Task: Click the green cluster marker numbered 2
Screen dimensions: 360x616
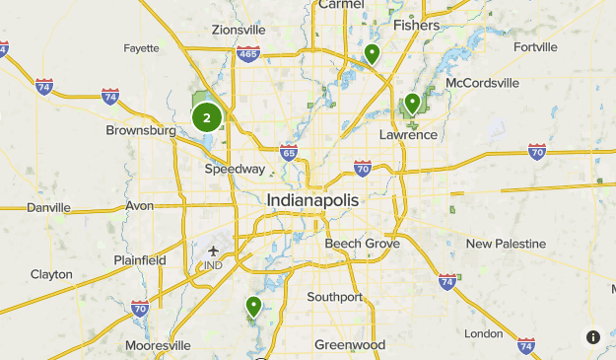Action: click(206, 117)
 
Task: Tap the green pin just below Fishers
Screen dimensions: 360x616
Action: click(372, 53)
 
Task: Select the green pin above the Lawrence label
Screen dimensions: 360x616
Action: click(412, 103)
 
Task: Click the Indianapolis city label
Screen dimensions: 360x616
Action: click(313, 199)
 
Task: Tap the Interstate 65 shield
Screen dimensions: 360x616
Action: click(288, 152)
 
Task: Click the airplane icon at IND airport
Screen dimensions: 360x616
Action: click(213, 250)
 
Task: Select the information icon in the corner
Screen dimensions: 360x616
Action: click(593, 337)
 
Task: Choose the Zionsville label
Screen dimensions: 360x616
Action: click(239, 30)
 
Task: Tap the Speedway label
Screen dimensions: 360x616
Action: click(235, 169)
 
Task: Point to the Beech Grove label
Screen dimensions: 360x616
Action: click(363, 243)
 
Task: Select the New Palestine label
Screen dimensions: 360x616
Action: click(506, 243)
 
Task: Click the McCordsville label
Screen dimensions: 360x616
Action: click(483, 82)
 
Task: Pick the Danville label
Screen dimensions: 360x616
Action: click(49, 207)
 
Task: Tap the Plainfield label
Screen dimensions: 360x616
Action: click(139, 260)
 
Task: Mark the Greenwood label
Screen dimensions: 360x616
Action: click(350, 345)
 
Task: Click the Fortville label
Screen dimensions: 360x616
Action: click(535, 45)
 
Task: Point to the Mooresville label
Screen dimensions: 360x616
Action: click(158, 345)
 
